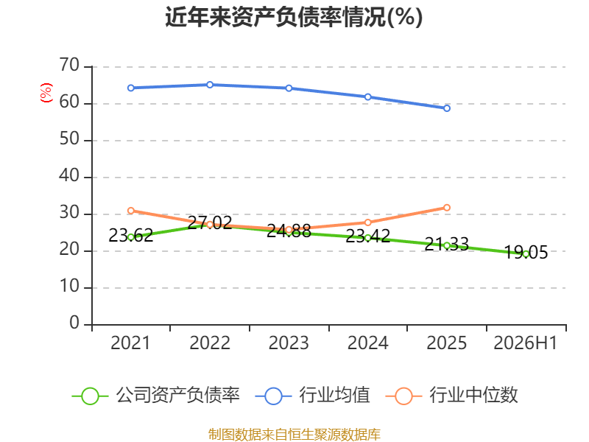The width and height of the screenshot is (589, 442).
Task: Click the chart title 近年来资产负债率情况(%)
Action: (x=294, y=17)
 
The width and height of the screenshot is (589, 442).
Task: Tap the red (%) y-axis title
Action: (x=46, y=93)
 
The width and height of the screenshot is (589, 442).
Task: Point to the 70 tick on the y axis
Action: (x=69, y=66)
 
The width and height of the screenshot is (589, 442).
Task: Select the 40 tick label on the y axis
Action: (x=69, y=176)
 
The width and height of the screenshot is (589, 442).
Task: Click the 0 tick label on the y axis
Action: (x=74, y=323)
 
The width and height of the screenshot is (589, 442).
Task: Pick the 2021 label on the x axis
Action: (x=130, y=343)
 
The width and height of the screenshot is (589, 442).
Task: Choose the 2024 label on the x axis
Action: (x=367, y=343)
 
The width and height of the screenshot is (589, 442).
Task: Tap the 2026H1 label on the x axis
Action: (x=525, y=343)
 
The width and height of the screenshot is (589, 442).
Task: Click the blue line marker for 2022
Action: (x=210, y=85)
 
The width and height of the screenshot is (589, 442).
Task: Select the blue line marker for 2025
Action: (x=447, y=108)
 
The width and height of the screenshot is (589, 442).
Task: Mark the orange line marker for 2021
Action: (x=131, y=211)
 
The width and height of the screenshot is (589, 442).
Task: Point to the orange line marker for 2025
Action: (x=447, y=208)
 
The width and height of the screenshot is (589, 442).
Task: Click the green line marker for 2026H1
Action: (x=526, y=254)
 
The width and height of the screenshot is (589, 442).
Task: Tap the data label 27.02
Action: (x=210, y=223)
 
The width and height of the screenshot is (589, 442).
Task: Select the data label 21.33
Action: (x=447, y=245)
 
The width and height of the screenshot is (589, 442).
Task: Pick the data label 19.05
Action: (x=526, y=253)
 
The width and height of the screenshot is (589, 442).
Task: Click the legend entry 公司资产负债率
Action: (x=156, y=396)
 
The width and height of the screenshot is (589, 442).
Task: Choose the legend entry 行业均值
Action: (x=312, y=396)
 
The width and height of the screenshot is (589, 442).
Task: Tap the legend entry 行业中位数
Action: (x=452, y=396)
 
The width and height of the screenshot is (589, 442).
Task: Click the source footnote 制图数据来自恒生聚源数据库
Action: (x=294, y=435)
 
